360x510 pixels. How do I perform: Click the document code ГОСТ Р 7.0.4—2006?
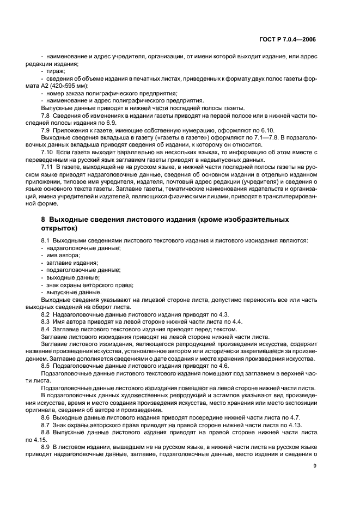tap(288, 40)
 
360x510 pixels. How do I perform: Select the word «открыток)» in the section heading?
tap(59, 228)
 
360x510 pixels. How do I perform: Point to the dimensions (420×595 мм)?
tap(69, 86)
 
